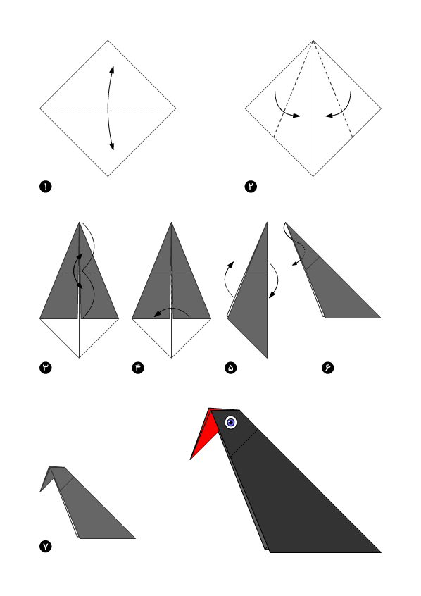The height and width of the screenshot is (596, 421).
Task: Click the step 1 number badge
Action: [x=46, y=187]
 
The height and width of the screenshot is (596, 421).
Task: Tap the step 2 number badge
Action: [x=251, y=187]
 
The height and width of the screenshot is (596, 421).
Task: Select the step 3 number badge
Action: [x=46, y=368]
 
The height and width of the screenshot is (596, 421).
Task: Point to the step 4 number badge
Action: [x=138, y=368]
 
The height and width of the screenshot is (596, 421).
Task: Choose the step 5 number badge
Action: [x=231, y=368]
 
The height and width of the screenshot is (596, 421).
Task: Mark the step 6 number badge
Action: [x=327, y=368]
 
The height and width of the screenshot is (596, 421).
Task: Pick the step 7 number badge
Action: [x=46, y=547]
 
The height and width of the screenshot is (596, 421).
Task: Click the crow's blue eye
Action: [x=231, y=422]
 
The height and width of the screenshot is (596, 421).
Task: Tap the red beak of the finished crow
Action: [x=205, y=433]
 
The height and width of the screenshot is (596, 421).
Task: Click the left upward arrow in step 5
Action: [x=225, y=280]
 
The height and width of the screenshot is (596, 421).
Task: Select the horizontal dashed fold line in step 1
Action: [x=108, y=108]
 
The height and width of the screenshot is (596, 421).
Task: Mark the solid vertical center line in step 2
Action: [x=313, y=108]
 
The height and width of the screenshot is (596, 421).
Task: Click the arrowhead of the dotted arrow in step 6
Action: [x=294, y=263]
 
